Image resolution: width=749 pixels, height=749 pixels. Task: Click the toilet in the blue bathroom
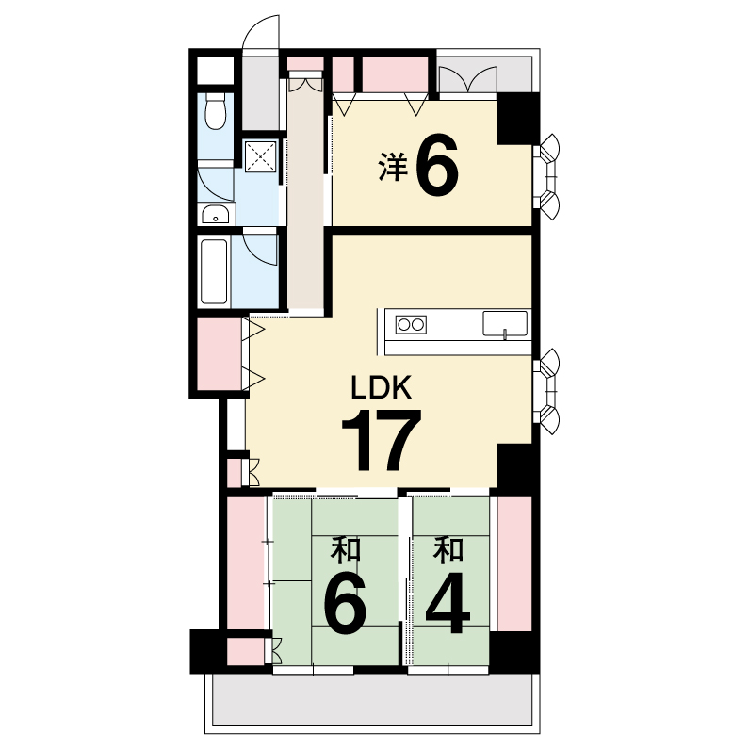[x=216, y=111]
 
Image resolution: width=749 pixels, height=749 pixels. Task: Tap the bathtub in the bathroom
[x=214, y=271]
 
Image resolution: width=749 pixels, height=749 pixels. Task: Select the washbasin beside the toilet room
[x=216, y=214]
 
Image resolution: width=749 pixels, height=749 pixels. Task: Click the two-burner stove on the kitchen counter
[x=411, y=325]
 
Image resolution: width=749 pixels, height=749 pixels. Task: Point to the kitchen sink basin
[x=505, y=324]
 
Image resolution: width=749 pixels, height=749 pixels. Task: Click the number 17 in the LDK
[x=382, y=440]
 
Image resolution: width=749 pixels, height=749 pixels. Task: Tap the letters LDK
[x=382, y=387]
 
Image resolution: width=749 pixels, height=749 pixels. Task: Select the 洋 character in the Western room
[x=393, y=166]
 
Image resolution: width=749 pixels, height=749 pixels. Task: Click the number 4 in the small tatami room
[x=448, y=603]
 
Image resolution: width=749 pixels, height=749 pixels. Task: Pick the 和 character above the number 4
[x=448, y=549]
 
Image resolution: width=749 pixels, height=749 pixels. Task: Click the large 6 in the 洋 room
[x=437, y=165]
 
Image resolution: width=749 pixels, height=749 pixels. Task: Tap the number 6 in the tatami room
[x=345, y=603]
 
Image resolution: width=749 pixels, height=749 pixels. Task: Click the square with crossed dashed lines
[x=261, y=156]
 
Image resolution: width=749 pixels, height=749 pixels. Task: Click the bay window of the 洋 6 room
[x=547, y=177]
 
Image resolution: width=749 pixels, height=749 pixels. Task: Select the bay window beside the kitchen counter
[x=547, y=392]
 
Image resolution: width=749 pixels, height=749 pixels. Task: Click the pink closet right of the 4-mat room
[x=514, y=563]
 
